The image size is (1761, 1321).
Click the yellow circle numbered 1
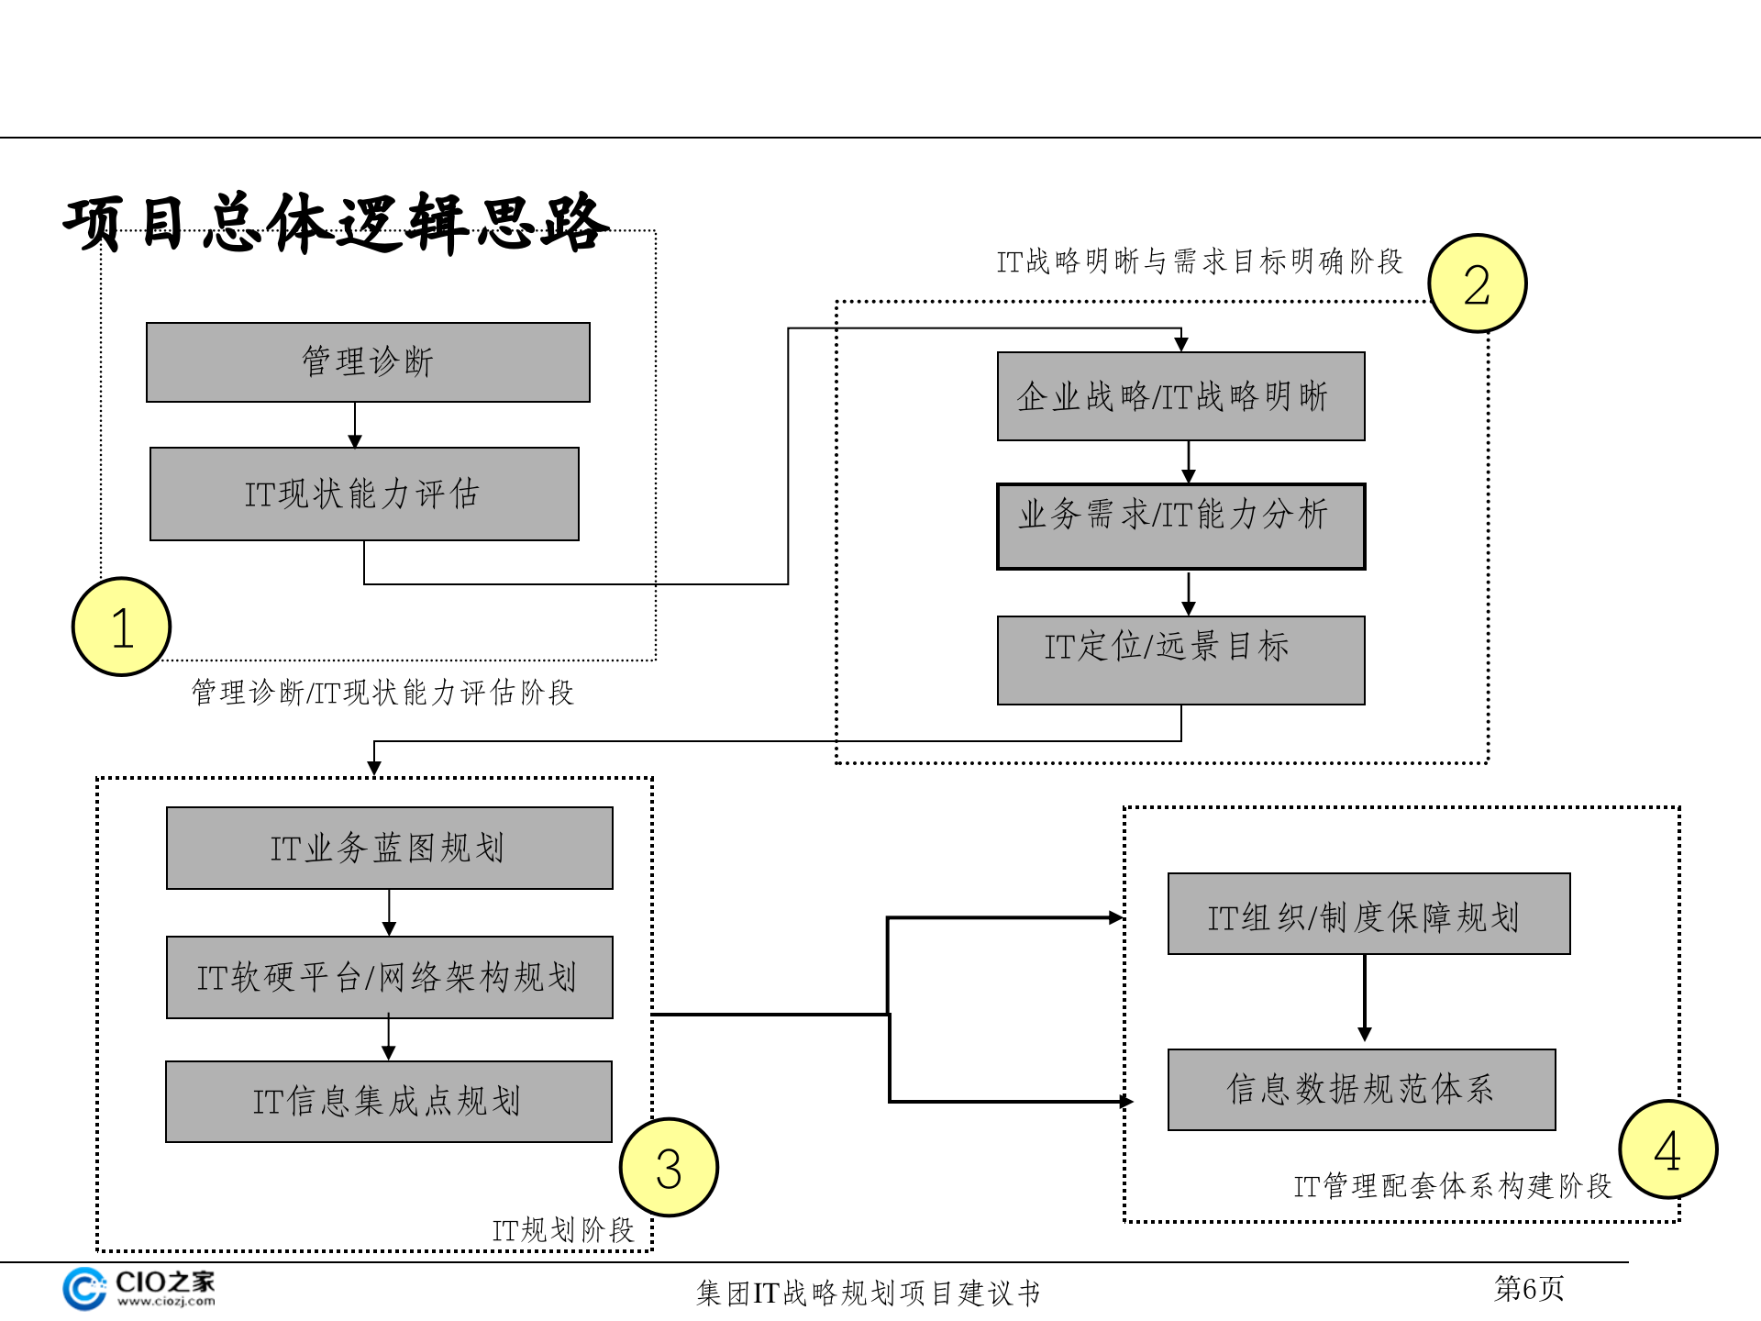tap(121, 627)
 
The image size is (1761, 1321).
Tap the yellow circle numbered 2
tap(1477, 283)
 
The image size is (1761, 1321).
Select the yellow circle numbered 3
tap(669, 1168)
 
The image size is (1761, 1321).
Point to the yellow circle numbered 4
tap(1667, 1149)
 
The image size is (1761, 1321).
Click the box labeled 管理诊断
tap(368, 362)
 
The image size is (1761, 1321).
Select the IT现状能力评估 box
tap(364, 494)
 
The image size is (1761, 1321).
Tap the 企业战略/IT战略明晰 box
tap(1180, 396)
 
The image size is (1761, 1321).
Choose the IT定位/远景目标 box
tap(1180, 660)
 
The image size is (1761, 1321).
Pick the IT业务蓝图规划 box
tap(389, 849)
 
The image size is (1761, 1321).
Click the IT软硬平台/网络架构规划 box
tap(389, 978)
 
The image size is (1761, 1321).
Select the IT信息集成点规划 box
tap(388, 1102)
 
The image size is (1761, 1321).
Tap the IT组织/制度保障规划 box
tap(1368, 915)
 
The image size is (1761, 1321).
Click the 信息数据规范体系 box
tap(1361, 1090)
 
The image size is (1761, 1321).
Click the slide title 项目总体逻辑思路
tap(336, 223)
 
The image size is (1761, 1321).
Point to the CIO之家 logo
tap(139, 1289)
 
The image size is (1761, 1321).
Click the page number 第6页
tap(1528, 1289)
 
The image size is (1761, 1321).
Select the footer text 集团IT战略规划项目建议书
tap(868, 1293)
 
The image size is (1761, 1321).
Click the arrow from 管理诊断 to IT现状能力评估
tap(355, 426)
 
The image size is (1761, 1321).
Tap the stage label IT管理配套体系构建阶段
tap(1452, 1186)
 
